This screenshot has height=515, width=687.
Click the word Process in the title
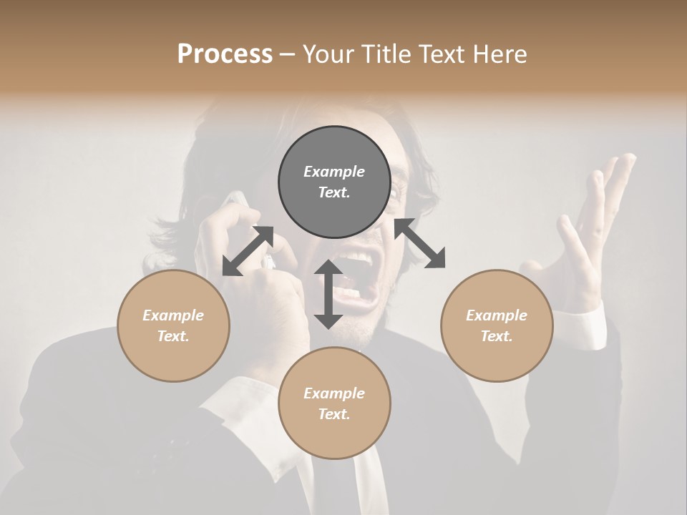225,54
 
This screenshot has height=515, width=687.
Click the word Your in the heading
328,54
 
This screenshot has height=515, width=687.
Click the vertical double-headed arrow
328,294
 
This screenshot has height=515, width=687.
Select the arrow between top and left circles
248,250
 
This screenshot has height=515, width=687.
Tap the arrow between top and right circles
419,243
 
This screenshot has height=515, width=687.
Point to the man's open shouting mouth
358,275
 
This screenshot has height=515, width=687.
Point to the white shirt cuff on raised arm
583,325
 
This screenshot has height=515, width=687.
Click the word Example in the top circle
334,172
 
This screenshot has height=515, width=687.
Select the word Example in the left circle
173,315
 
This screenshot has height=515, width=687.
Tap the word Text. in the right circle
497,336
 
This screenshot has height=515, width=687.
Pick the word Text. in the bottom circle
334,414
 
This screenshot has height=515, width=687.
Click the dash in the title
288,54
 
